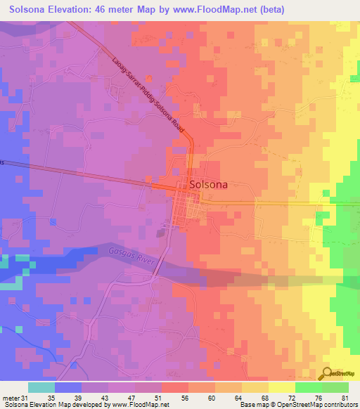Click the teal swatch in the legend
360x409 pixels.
coord(41,387)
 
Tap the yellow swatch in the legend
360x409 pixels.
coord(282,387)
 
